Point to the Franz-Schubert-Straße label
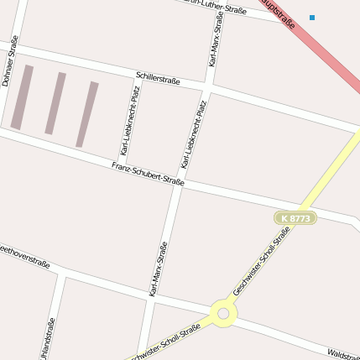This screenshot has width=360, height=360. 148,174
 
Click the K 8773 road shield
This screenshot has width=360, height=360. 295,218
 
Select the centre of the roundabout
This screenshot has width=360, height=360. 223,315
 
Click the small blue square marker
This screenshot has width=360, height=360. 312,17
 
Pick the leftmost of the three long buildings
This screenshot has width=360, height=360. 22,97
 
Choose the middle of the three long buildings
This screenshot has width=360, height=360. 55,103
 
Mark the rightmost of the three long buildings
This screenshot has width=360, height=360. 87,113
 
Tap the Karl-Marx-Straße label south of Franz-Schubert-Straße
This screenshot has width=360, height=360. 158,269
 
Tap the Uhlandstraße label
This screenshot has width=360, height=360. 51,338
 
